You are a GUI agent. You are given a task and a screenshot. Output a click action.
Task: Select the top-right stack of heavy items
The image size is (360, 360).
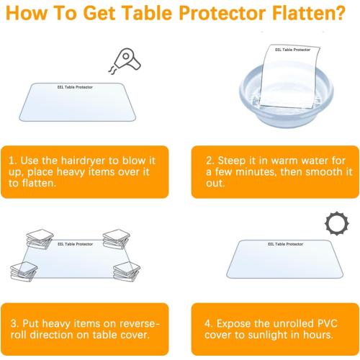tap(116, 238)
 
